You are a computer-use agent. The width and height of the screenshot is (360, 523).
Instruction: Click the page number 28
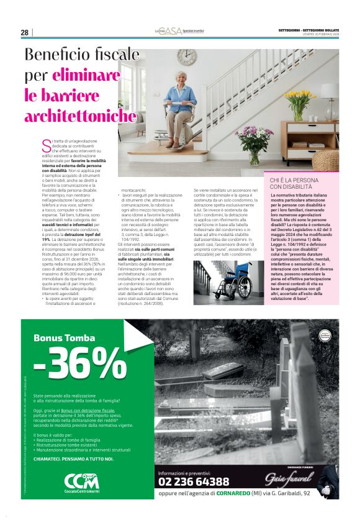coord(25,32)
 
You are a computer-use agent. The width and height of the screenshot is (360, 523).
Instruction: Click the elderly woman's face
coord(184,80)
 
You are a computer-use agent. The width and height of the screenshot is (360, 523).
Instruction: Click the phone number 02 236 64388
coord(194,481)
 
